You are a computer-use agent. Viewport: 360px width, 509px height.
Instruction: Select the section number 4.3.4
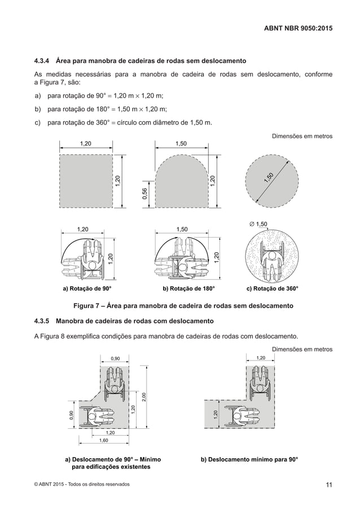click(x=43, y=60)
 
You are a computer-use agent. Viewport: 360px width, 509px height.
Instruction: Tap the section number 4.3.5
click(x=43, y=321)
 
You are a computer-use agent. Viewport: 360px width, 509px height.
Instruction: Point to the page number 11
click(x=328, y=484)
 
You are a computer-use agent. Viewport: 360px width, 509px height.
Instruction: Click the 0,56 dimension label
click(x=144, y=194)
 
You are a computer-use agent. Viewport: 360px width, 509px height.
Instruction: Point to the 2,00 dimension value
click(x=144, y=397)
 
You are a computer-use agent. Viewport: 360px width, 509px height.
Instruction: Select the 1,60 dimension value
click(x=104, y=440)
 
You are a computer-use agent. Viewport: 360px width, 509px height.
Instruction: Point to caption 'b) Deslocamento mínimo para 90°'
click(x=249, y=459)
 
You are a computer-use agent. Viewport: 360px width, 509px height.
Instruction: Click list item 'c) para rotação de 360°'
click(x=123, y=122)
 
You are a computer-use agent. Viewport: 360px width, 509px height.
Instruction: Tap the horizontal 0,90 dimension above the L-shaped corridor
click(x=115, y=358)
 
